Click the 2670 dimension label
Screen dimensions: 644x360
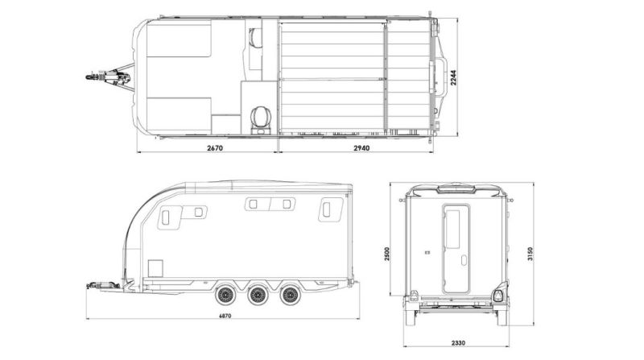coord(214,147)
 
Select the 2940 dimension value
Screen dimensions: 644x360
coord(361,147)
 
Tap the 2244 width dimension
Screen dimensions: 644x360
coord(453,77)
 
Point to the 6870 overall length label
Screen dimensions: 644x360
coord(225,316)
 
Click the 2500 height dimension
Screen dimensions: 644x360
coord(387,254)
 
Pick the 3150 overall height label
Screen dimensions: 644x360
coord(530,254)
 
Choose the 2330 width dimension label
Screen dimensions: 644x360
coord(458,343)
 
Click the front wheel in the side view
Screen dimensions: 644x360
coord(225,294)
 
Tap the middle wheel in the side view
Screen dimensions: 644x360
coord(257,294)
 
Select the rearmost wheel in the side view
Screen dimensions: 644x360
coord(290,294)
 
